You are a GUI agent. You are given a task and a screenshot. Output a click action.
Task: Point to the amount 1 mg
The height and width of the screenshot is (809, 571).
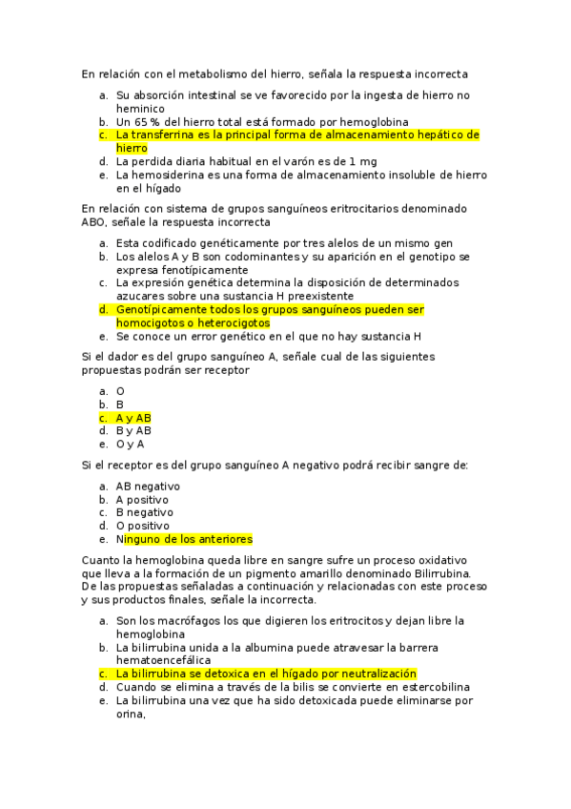coord(360,161)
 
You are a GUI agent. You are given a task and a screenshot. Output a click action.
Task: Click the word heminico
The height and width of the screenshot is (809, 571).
coord(140,109)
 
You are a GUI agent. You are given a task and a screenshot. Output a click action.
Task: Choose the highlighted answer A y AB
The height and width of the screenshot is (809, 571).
coord(133,418)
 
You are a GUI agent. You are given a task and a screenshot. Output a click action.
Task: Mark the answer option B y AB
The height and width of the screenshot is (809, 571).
coord(133,430)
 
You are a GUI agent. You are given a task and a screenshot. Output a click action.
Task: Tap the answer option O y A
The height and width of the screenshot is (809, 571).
coord(131,444)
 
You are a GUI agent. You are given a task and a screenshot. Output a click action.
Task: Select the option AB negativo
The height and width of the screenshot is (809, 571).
coord(148,486)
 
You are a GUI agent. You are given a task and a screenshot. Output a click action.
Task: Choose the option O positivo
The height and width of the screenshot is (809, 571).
coord(142,526)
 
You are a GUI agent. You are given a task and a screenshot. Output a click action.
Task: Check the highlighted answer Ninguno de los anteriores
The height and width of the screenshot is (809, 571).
coord(184,539)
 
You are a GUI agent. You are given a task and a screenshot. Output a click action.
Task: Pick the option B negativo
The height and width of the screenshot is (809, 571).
coord(144,512)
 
